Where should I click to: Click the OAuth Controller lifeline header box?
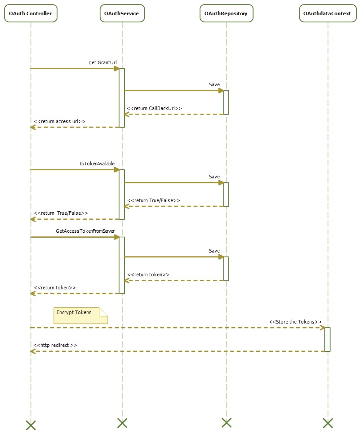tap(31, 13)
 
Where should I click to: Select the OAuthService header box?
tap(122, 13)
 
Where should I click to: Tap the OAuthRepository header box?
tap(226, 13)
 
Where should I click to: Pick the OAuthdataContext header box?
tap(327, 13)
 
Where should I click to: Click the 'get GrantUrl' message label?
tap(99, 62)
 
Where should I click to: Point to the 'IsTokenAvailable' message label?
tap(97, 164)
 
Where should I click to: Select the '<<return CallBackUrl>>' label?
tap(154, 108)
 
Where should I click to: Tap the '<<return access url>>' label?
tap(59, 121)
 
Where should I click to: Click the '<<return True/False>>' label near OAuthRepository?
tap(153, 200)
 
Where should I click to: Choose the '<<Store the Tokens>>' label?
tap(295, 322)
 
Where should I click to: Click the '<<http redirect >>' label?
tap(55, 345)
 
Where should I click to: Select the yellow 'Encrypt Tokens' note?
tap(80, 315)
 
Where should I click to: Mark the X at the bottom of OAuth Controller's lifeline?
tap(31, 425)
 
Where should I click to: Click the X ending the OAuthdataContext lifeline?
tap(328, 423)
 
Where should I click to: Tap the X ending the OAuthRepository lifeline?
tap(227, 422)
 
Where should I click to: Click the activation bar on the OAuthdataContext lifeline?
tap(327, 339)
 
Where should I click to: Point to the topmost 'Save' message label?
tap(214, 84)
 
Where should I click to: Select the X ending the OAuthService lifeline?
tap(122, 423)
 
